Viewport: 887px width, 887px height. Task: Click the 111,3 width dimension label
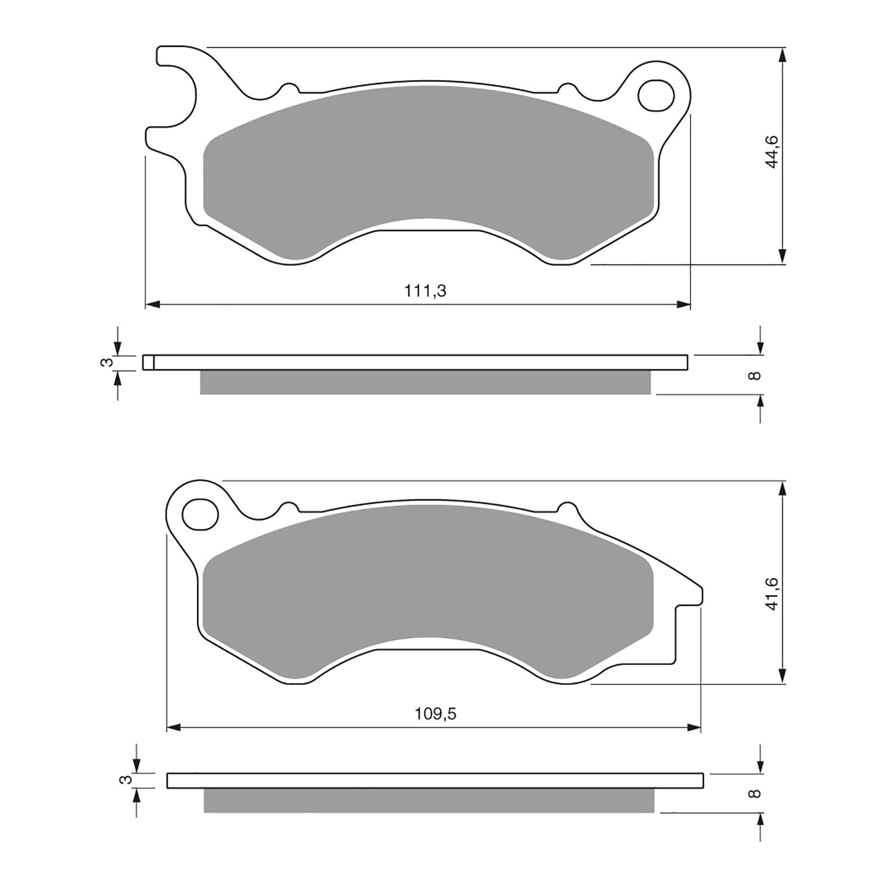pyautogui.click(x=425, y=291)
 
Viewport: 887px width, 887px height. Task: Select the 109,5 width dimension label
pyautogui.click(x=435, y=714)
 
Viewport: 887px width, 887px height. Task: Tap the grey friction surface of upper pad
pyautogui.click(x=430, y=166)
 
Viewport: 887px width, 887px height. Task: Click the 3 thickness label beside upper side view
pyautogui.click(x=109, y=363)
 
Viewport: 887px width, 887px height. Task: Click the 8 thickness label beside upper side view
pyautogui.click(x=753, y=375)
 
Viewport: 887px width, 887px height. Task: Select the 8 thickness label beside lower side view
pyautogui.click(x=753, y=793)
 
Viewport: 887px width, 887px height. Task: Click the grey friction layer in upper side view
pyautogui.click(x=425, y=383)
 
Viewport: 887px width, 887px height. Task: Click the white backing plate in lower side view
pyautogui.click(x=435, y=781)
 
